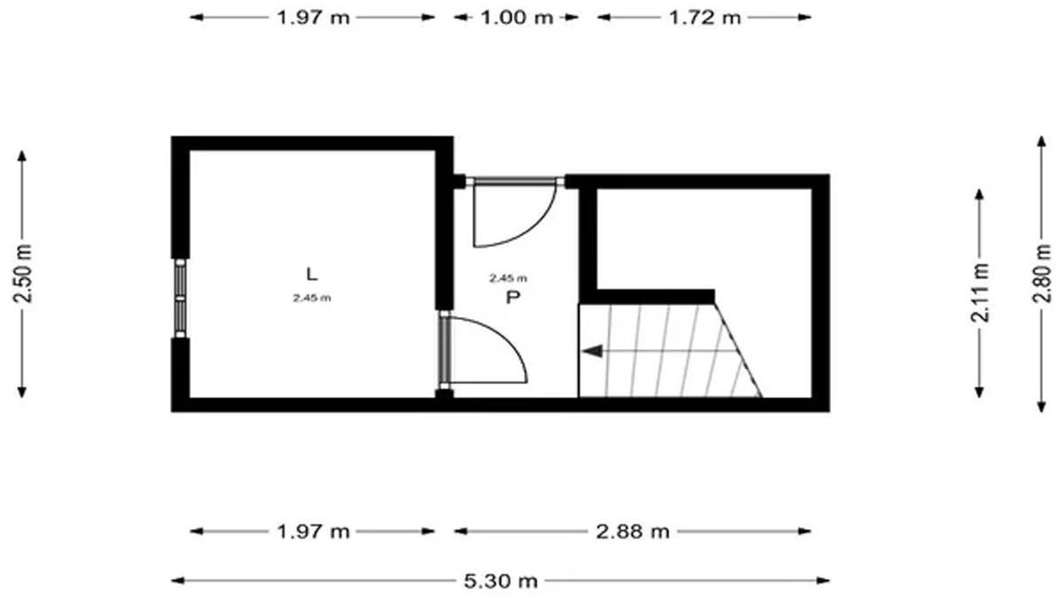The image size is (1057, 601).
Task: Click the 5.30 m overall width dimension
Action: [500, 580]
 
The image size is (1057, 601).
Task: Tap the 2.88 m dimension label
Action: [632, 532]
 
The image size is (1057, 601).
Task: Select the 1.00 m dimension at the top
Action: [516, 17]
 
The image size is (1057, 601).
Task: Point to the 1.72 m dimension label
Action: [704, 17]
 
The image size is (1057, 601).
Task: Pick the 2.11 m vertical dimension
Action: [980, 293]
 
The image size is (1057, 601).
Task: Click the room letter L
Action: [311, 274]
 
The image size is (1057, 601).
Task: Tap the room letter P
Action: [513, 297]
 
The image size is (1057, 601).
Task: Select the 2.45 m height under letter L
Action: [311, 298]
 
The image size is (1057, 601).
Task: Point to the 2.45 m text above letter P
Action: [508, 277]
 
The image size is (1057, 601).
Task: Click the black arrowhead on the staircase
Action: [591, 351]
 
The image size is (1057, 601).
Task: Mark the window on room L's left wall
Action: [180, 297]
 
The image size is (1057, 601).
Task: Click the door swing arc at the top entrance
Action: [539, 229]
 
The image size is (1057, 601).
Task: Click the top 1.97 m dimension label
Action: [313, 17]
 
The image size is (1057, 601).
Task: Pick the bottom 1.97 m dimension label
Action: [313, 532]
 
